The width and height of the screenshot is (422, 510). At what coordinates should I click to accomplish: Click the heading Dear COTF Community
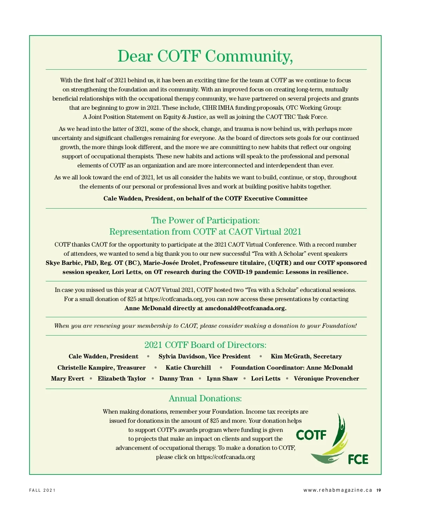pos(205,56)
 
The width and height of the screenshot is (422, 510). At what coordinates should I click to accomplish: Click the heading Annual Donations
pos(205,399)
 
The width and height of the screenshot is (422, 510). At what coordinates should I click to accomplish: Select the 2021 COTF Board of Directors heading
pos(205,345)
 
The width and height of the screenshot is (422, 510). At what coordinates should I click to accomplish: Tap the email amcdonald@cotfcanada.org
pos(245,308)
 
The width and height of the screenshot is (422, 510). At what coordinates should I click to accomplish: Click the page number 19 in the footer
pos(378,490)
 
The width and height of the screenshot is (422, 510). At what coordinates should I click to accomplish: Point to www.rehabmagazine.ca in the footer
pos(338,490)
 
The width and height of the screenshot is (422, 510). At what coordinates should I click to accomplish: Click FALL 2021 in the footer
pos(42,490)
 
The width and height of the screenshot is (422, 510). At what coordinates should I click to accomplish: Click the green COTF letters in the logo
pos(311,435)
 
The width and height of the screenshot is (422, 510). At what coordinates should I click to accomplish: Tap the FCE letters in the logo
pos(358,459)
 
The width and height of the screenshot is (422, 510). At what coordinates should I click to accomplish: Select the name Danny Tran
pos(176,379)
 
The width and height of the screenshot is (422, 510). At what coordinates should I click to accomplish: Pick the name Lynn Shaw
pos(222,379)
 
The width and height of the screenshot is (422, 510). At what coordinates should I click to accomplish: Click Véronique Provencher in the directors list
pos(326,379)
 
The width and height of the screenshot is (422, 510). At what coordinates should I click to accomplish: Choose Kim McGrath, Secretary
pos(306,357)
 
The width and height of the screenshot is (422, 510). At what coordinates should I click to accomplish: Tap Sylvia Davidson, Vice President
pos(204,357)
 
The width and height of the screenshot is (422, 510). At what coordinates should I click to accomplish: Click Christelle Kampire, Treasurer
pos(101,368)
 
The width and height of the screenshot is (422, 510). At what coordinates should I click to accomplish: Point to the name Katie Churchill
pos(188,368)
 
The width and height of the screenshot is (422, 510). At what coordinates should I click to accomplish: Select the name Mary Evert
pos(68,379)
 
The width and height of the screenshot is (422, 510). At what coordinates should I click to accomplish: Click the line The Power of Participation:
pos(205,221)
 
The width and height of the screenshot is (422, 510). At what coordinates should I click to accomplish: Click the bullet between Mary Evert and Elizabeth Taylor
pos(91,379)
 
